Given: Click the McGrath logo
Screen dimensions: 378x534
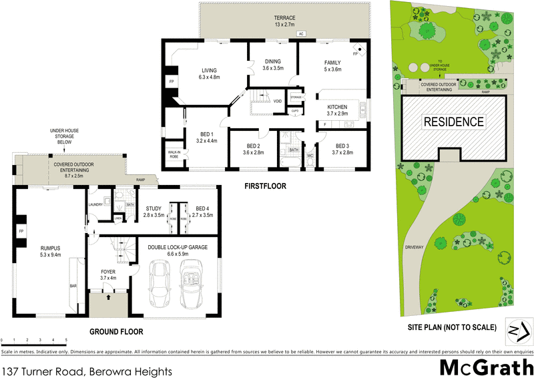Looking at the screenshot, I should [485, 367].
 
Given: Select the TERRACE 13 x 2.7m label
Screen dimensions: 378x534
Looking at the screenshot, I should [284, 21].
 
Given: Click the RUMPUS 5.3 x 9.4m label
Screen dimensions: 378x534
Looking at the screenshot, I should [49, 250].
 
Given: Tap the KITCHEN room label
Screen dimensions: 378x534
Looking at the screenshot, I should [337, 111].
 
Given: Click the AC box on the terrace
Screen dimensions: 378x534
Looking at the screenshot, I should [301, 33].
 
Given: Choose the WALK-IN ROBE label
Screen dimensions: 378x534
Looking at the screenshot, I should [174, 155].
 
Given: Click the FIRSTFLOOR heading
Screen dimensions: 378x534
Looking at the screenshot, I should [264, 187].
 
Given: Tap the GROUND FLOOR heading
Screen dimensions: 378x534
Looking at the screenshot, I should [117, 331].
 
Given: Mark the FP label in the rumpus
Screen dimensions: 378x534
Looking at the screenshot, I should [21, 231].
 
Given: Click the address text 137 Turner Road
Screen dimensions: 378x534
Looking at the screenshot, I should [87, 369].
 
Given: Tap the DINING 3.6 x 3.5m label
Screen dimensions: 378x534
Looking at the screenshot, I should [273, 64].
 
